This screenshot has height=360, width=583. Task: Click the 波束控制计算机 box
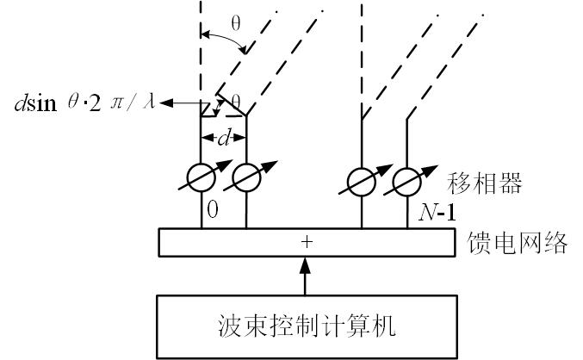(307, 326)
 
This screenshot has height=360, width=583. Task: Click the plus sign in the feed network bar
(307, 243)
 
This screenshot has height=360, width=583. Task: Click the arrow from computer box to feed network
(307, 276)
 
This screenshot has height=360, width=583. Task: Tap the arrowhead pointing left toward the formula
(164, 103)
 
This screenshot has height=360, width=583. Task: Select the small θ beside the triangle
(235, 101)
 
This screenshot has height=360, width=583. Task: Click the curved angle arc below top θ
(226, 40)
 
